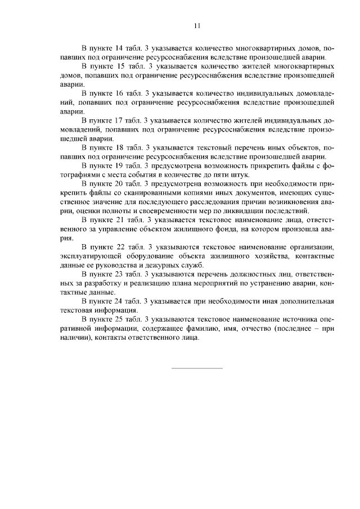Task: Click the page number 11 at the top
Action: [197, 25]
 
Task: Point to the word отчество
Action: [246, 329]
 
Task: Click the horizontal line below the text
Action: [196, 368]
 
